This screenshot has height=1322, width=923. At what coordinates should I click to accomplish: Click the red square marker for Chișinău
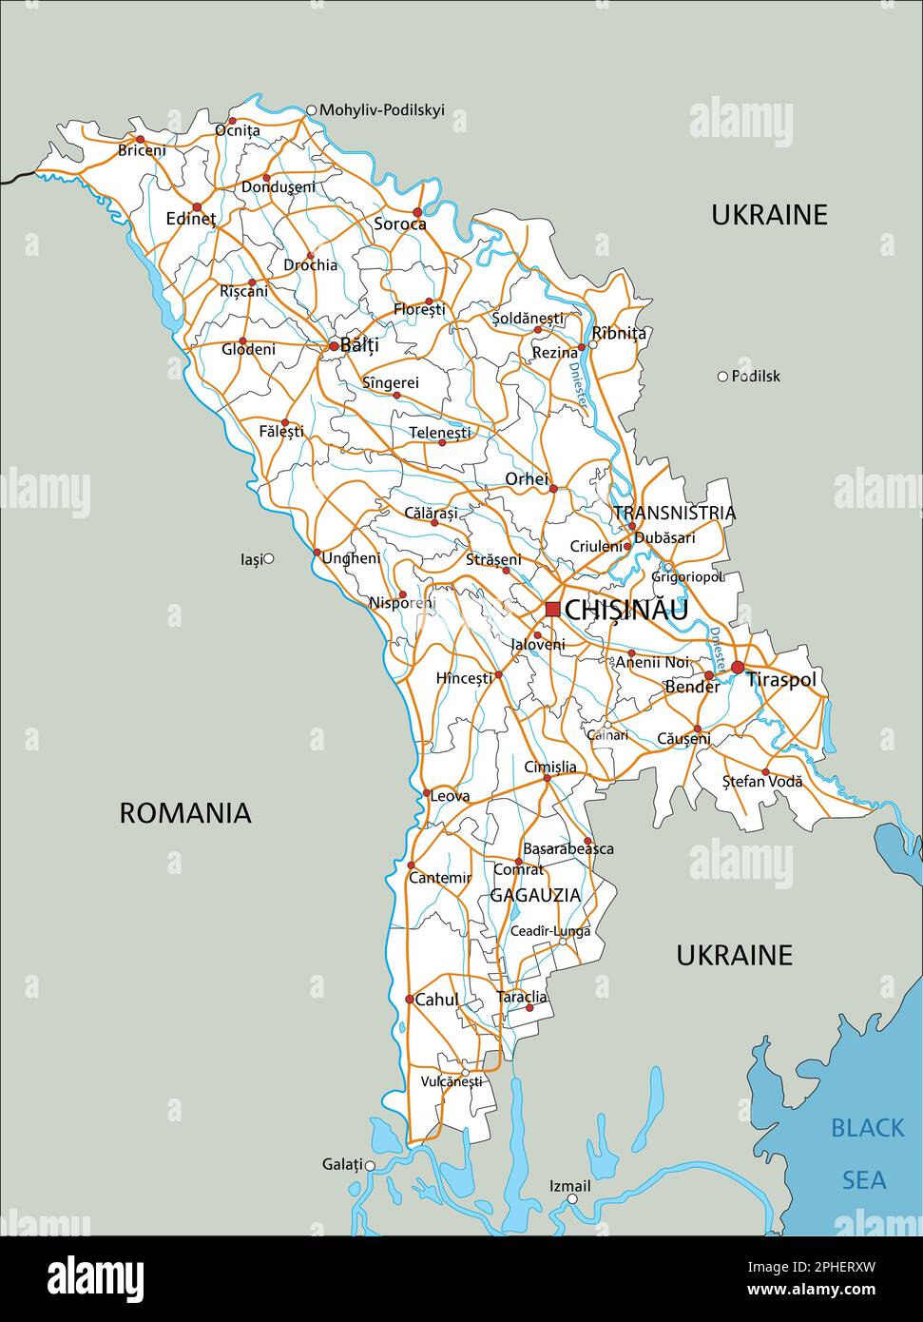pos(552,609)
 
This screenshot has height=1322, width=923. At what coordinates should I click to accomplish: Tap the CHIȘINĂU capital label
pos(625,610)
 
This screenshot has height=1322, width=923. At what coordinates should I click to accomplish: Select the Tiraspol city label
pos(781,679)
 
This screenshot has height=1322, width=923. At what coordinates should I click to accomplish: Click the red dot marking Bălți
pos(333,346)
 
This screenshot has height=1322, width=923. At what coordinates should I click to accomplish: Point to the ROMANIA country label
pos(185,813)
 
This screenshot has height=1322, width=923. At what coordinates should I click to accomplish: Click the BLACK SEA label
pos(866,1154)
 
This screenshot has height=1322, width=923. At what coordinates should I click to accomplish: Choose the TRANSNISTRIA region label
pos(674,513)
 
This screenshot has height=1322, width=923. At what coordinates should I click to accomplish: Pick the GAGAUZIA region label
pos(535,895)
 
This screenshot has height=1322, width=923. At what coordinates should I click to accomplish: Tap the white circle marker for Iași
pos(269,558)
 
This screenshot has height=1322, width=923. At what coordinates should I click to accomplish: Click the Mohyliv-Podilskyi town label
pos(381,110)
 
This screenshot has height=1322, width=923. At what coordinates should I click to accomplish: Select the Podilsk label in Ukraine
pos(756,376)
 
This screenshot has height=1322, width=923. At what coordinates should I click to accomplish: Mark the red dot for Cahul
pos(410,999)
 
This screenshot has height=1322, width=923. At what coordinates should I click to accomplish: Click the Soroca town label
pos(399,224)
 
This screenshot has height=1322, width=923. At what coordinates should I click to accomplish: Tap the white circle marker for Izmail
pos(572,1199)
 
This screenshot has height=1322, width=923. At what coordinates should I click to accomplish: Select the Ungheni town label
pos(351,558)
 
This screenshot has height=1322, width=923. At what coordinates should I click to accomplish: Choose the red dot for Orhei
pos(553,489)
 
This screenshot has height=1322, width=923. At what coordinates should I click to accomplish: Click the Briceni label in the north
pos(142,150)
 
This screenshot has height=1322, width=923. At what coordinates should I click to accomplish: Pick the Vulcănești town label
pos(452,1081)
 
